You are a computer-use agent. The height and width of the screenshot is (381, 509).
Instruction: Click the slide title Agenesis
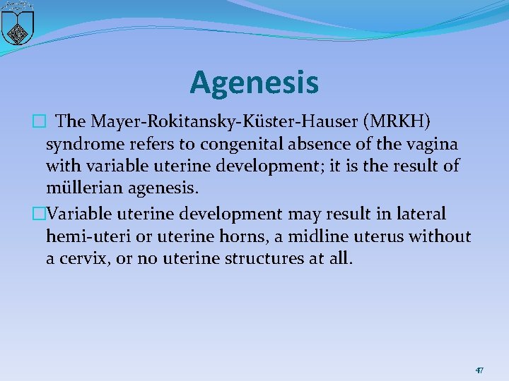click(254, 83)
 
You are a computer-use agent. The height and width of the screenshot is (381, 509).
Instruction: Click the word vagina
click(433, 144)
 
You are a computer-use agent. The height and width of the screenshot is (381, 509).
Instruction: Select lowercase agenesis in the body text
click(169, 189)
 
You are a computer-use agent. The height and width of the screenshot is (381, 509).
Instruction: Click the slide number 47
click(479, 370)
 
